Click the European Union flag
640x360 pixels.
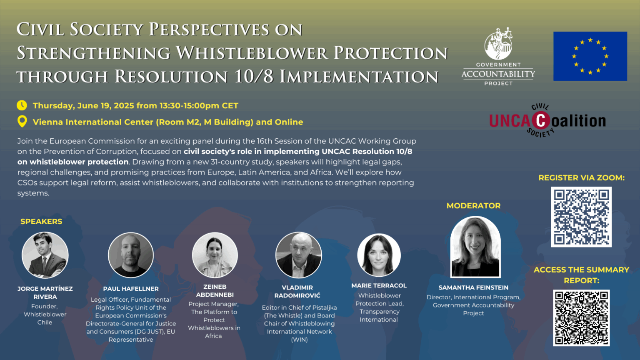590,56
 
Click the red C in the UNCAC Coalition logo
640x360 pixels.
541,121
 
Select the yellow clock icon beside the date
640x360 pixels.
22,105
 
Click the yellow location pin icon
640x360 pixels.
22,121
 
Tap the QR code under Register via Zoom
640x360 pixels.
581,217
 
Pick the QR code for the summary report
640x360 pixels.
581,318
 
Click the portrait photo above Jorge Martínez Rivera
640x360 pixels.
45,255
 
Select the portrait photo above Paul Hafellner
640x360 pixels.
131,255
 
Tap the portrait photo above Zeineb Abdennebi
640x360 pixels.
215,255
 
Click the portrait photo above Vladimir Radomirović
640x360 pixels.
299,255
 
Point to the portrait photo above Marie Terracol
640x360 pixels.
379,255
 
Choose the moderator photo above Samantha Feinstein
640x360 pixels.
475,247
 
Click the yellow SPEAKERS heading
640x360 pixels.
41,221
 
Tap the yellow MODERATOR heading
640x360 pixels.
473,206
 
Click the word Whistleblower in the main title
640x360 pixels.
251,53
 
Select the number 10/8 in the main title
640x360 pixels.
254,77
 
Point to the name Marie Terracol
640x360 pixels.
379,285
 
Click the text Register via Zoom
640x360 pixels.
581,178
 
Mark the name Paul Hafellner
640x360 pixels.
131,289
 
